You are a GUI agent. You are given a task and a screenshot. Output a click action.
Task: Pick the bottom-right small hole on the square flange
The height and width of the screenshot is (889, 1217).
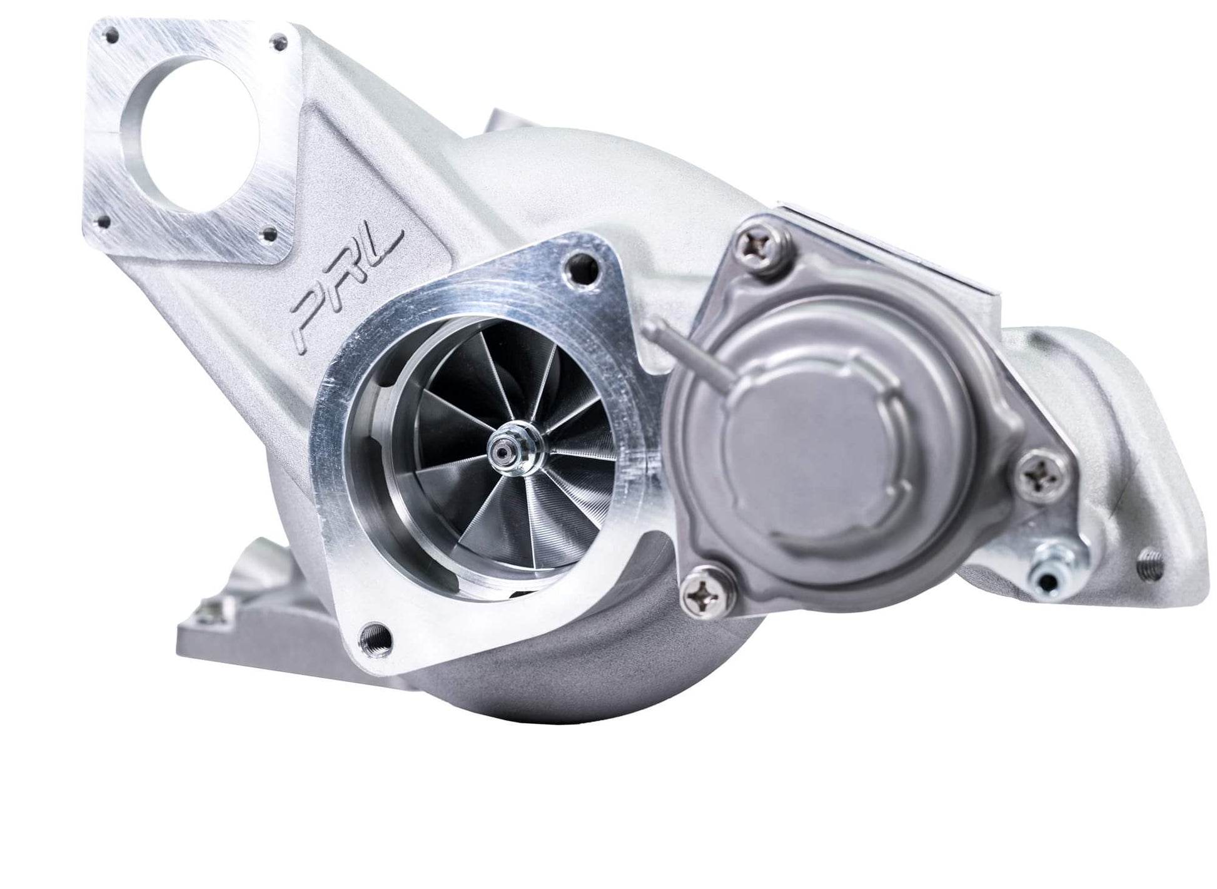click(270, 235)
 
